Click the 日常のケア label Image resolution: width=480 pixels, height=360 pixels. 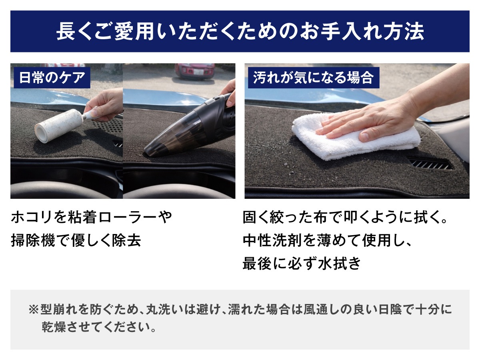click(52, 78)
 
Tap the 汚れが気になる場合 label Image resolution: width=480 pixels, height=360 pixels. click(313, 78)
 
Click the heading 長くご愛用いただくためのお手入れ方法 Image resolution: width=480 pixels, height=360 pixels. click(240, 32)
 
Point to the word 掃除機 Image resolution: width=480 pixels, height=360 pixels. click(33, 240)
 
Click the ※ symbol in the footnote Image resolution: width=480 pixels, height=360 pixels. click(34, 310)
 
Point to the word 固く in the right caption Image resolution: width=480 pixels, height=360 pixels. click(256, 217)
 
